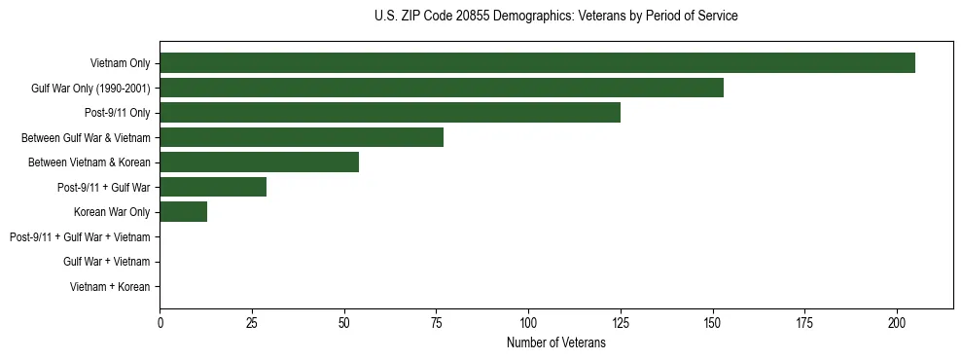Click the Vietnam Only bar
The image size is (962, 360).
[537, 63]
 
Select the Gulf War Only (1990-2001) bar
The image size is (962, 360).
[442, 88]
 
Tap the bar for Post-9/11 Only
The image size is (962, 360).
[390, 113]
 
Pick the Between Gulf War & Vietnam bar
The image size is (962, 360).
[302, 137]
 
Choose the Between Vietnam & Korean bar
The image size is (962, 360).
[259, 162]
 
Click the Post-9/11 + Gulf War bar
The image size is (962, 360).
[213, 187]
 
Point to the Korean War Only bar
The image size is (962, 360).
[183, 212]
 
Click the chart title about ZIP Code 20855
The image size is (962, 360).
[555, 17]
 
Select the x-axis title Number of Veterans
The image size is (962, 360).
[555, 343]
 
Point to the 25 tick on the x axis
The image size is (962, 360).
[252, 323]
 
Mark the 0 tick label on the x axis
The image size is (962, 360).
[160, 323]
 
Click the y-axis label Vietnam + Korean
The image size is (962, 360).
[110, 287]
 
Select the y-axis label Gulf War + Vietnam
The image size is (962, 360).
[106, 262]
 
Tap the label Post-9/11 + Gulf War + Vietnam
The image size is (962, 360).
[80, 237]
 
